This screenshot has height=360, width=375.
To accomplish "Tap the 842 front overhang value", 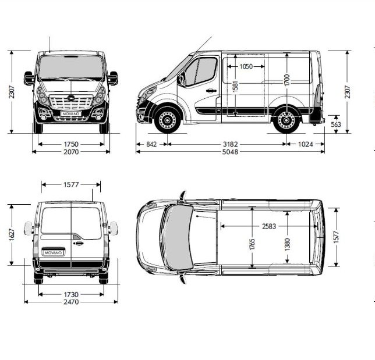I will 151,144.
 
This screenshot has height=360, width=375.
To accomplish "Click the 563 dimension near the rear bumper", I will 336,124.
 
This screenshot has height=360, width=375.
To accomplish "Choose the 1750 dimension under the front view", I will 71,144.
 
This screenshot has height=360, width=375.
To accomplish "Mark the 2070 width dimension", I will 71,152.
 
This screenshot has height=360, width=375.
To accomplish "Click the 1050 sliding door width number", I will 246,66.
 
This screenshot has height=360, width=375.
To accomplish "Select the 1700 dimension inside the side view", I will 286,79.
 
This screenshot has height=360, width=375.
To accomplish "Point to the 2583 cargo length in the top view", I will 270,226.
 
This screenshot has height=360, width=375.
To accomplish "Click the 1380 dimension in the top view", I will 287,245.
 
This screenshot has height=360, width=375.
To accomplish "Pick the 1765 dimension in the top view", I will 252,245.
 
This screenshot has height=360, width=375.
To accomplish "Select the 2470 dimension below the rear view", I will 71,302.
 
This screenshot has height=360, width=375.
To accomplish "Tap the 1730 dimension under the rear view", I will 71,294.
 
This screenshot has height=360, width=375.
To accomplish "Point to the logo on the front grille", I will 70,98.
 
